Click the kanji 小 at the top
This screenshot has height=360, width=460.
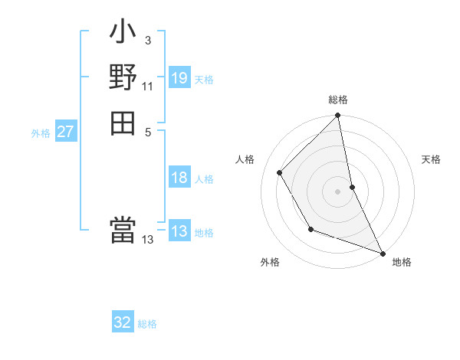coord(123,35)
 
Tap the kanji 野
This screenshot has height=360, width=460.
coord(123,78)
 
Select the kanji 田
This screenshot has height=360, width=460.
coord(123,123)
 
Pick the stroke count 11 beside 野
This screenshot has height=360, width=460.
coord(147,86)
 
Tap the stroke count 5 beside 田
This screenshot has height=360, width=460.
coord(147,130)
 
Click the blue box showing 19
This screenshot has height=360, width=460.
coord(179,77)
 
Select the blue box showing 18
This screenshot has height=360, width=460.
coord(179,178)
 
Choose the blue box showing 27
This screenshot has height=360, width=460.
coord(66,132)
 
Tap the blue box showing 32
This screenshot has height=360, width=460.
coord(123,322)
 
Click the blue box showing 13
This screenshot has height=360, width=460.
coord(179,231)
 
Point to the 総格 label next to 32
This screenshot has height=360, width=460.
coord(147,324)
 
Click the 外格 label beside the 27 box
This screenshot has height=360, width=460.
coord(41,133)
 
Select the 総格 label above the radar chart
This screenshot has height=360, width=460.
coord(338,100)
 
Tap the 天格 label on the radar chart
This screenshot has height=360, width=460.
coord(432,159)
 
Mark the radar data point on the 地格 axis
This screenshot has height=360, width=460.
coord(382,252)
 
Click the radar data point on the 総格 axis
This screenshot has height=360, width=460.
coord(338,117)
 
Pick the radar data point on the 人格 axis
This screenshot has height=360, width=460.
coord(280,172)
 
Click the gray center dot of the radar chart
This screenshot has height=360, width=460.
coord(338,191)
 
